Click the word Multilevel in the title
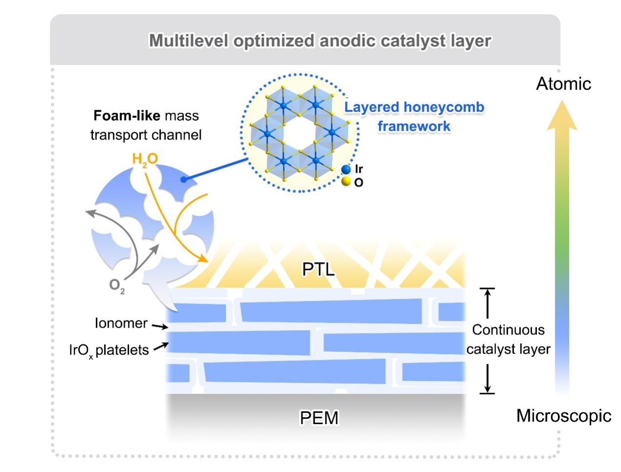188,41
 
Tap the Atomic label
563,84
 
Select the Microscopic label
564,416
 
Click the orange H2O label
145,160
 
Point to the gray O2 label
116,285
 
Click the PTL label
319,269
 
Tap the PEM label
319,418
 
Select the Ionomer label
121,323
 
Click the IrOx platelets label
109,351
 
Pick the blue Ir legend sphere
346,170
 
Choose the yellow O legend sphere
346,182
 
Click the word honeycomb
444,107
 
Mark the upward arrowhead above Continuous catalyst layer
487,293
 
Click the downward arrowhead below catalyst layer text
487,389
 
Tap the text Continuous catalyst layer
508,339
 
